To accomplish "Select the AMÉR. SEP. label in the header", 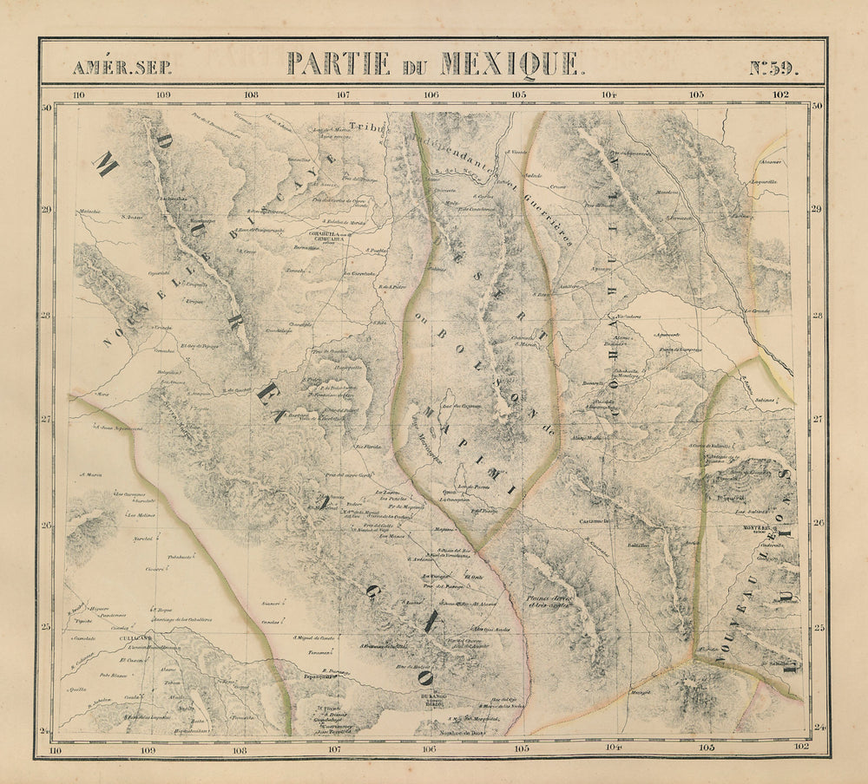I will [110, 68].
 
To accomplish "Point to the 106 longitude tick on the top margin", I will [431, 95].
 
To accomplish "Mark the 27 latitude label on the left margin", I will [49, 421].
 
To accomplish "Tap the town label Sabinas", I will [764, 401].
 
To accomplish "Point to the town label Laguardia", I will [763, 182].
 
